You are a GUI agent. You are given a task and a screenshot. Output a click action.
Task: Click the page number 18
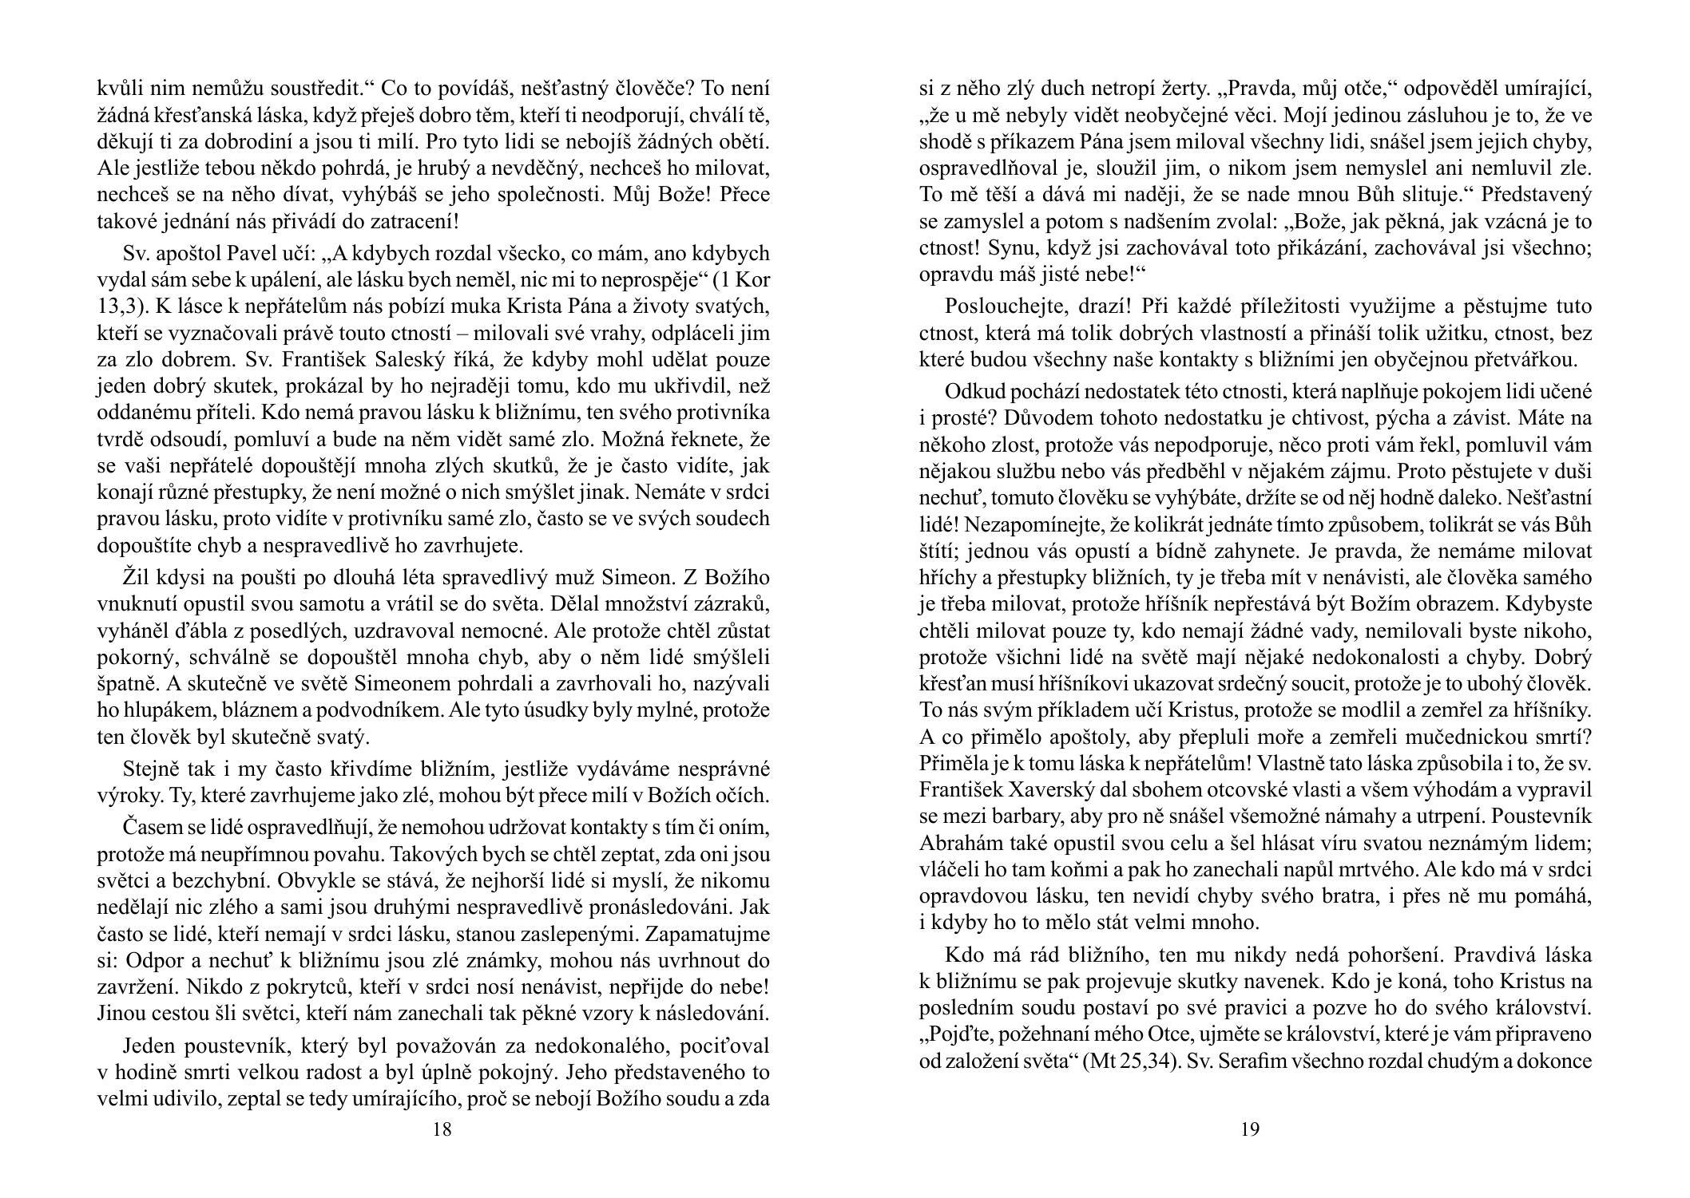point(442,1129)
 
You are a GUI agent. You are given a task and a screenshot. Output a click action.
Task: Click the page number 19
point(1250,1129)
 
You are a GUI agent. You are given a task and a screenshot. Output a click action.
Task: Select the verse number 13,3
point(119,306)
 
